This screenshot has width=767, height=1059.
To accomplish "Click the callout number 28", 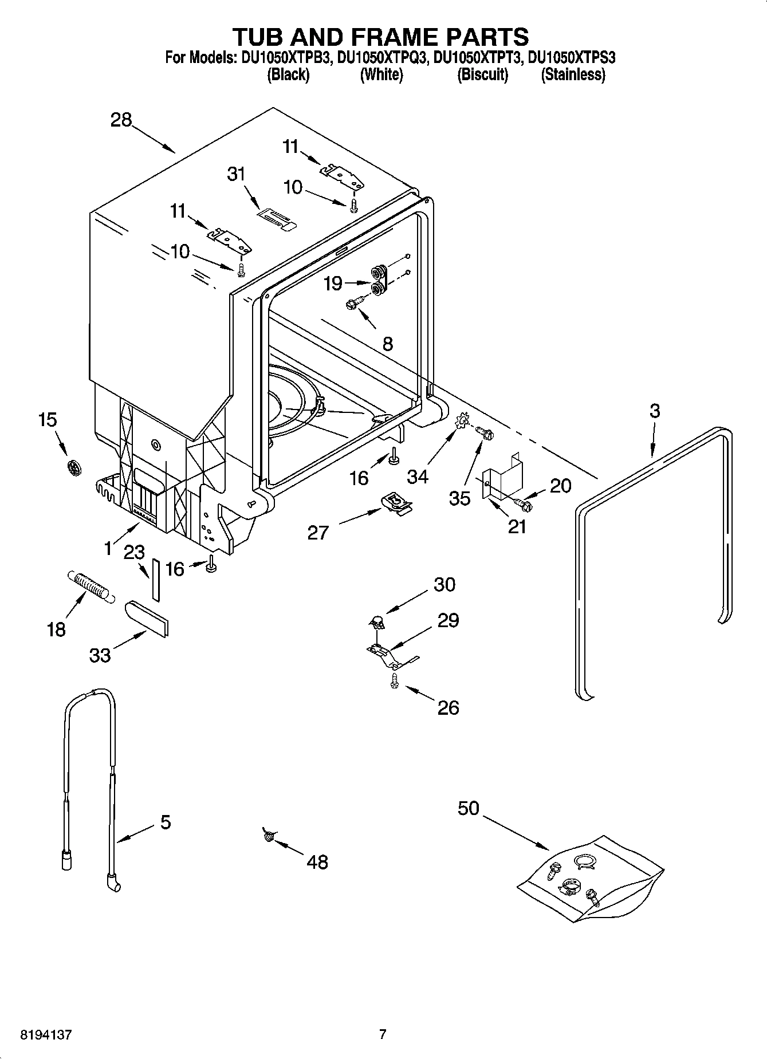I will pyautogui.click(x=121, y=120).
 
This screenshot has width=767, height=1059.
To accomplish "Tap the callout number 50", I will pyautogui.click(x=468, y=809).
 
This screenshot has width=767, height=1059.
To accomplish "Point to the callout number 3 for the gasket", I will pyautogui.click(x=654, y=411).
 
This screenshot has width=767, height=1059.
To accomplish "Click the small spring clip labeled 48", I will pyautogui.click(x=268, y=836).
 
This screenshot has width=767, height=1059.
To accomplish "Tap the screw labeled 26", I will pyautogui.click(x=394, y=680).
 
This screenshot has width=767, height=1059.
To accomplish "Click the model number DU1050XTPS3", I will pyautogui.click(x=571, y=57).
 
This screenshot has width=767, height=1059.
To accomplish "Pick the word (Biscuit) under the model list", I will pyautogui.click(x=482, y=75).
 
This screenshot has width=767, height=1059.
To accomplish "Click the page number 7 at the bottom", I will pyautogui.click(x=383, y=1034).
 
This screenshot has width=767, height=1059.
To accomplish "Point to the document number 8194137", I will pyautogui.click(x=46, y=1034).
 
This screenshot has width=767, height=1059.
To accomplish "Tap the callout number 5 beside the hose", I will pyautogui.click(x=165, y=822).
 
